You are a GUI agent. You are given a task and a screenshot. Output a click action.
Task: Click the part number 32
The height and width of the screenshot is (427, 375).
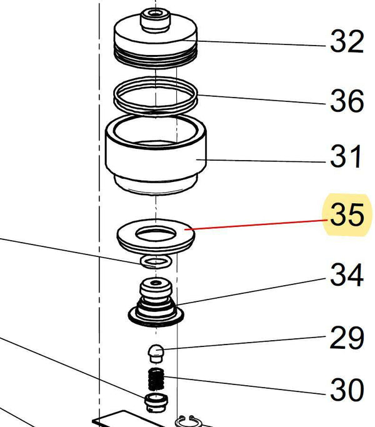pos(347,41)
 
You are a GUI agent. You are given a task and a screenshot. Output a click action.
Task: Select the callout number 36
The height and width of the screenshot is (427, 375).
pos(347,101)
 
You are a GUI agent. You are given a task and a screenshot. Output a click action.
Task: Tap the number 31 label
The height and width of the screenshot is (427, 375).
pos(346,156)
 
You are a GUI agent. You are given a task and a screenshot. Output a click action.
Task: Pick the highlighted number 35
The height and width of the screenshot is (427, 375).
pos(347,214)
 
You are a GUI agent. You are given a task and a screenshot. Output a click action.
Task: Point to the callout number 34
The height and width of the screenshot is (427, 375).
pos(347,274)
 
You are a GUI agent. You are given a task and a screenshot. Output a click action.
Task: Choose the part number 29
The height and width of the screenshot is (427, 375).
pos(347,338)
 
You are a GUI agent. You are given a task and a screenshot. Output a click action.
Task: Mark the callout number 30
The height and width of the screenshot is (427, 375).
pos(347,389)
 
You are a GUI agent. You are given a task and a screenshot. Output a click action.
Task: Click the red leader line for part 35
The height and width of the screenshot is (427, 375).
pos(257,225)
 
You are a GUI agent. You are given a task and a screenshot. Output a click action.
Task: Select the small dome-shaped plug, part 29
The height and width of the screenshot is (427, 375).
pos(156,353)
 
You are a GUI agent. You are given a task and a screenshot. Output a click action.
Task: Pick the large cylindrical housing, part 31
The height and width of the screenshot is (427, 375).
pos(156,154)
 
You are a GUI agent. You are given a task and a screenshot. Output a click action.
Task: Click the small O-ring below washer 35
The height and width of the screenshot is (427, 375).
pos(156,262)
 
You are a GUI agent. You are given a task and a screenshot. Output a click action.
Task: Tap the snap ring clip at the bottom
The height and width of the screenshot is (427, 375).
pos(188,421)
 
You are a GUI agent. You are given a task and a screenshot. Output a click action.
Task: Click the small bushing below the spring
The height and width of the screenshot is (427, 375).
pos(156,402)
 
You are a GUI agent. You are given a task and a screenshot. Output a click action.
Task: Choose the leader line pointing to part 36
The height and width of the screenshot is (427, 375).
pos(262,99)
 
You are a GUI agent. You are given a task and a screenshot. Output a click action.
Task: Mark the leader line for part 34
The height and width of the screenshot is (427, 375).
pos(251,291)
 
